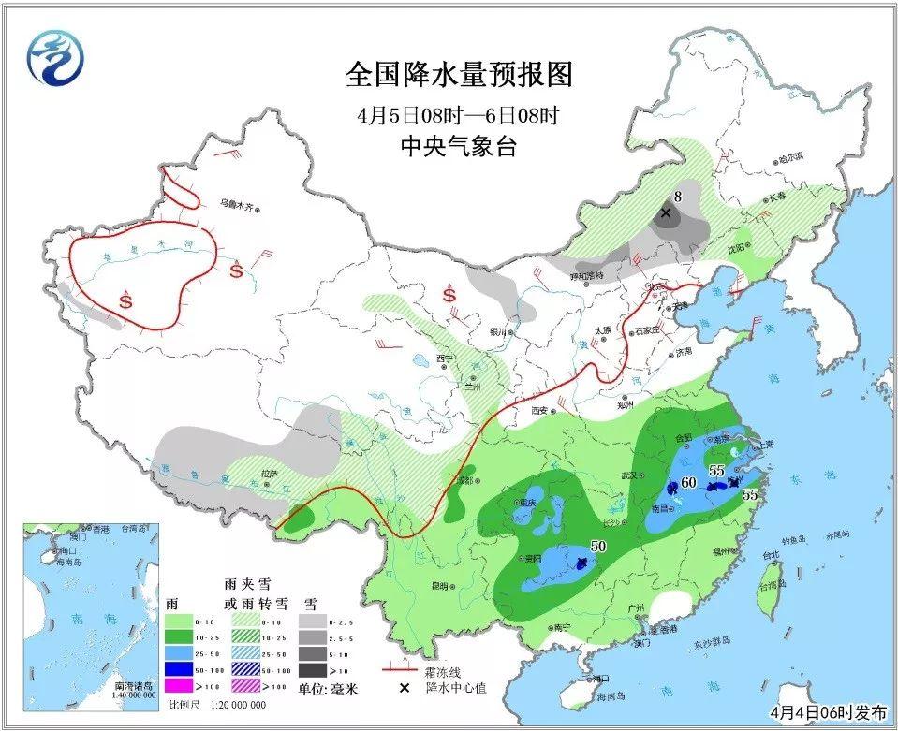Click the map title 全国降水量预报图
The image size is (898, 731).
point(458,74)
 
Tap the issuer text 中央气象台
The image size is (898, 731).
point(458,147)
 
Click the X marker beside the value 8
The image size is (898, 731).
point(666,213)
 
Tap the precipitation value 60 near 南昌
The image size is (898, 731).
point(688,483)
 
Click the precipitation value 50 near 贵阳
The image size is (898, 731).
point(597,546)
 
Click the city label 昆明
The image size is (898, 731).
point(438,586)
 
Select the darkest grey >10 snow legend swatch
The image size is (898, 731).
point(316,670)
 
